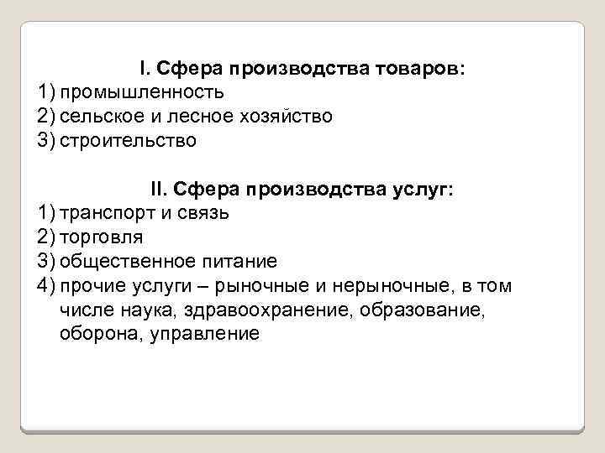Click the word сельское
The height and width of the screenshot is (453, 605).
click(99, 115)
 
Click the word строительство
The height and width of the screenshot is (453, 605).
click(128, 140)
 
